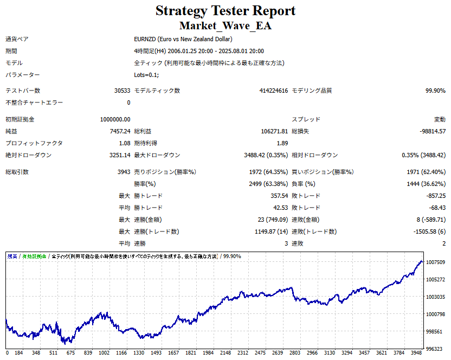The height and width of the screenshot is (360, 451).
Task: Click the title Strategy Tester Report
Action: [225, 10]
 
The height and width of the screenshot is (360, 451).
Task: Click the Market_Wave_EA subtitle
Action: [225, 25]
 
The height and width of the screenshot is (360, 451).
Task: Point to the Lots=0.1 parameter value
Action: [146, 75]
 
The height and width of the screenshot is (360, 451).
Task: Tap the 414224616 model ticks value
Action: [273, 91]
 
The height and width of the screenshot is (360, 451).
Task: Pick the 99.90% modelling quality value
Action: [435, 91]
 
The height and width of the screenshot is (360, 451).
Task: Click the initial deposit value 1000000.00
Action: [115, 119]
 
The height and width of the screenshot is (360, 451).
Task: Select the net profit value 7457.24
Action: [119, 131]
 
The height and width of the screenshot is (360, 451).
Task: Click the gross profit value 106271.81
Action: [274, 131]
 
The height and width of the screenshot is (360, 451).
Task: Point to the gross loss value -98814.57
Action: [433, 131]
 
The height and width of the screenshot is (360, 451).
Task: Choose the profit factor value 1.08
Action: [124, 143]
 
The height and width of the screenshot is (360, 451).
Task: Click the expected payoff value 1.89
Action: [282, 143]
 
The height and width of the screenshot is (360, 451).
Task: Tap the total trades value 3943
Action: [123, 172]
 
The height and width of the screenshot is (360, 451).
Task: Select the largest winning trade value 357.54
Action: [279, 196]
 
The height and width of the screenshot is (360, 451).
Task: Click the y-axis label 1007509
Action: [436, 262]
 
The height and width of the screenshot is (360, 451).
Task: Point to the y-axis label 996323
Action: [436, 349]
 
